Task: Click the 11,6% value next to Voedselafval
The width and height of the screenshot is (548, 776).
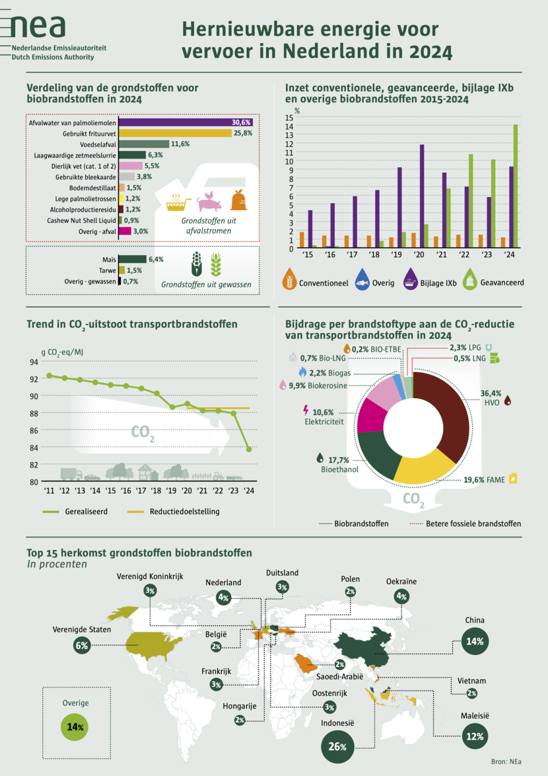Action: pyautogui.click(x=180, y=143)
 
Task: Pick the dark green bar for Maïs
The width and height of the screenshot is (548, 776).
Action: pyautogui.click(x=132, y=259)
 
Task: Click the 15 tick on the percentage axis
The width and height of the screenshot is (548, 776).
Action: pyautogui.click(x=289, y=117)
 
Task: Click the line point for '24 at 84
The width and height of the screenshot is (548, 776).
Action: pyautogui.click(x=249, y=449)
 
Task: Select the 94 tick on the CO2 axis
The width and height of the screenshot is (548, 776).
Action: pyautogui.click(x=34, y=362)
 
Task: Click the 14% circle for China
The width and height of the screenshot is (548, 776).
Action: pyautogui.click(x=475, y=641)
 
